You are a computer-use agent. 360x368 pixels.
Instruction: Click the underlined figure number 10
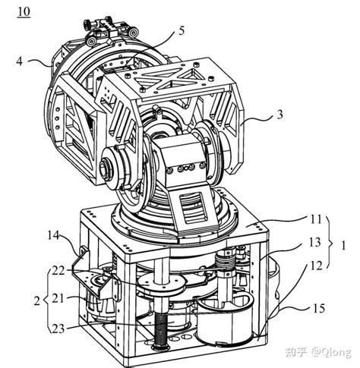point(24,12)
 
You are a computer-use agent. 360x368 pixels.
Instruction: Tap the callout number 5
point(182,31)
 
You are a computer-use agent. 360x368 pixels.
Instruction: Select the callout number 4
point(20,61)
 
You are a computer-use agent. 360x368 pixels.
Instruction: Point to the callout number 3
point(279,115)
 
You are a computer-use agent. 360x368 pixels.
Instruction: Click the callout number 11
point(316,219)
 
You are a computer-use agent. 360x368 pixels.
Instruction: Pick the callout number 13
point(315,242)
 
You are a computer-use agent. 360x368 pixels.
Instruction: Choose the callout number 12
point(316,266)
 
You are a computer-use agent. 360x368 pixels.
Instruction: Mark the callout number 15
point(319,308)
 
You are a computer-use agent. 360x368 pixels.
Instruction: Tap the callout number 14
point(53,235)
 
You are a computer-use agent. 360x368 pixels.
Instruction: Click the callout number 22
point(58,271)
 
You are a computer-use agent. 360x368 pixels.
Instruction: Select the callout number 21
point(58,299)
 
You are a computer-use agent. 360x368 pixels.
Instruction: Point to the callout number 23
point(58,329)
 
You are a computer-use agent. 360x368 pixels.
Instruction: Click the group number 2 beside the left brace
point(37,301)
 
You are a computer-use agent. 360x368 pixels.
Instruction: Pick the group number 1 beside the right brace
point(343,245)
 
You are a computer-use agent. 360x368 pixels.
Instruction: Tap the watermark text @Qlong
point(331,352)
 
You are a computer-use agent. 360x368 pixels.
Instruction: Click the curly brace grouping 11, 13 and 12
point(330,242)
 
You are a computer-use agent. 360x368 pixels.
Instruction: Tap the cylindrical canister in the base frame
point(225,320)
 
